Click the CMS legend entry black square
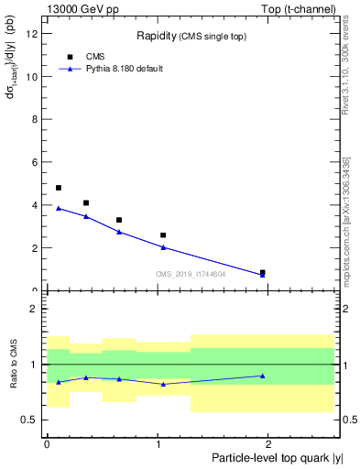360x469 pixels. click(x=70, y=57)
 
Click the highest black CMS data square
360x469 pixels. click(x=59, y=188)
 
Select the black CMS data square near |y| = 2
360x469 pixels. click(x=263, y=272)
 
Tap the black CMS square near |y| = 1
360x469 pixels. click(x=163, y=235)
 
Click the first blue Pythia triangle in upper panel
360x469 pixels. click(x=59, y=208)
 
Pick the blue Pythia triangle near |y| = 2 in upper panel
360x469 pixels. click(x=263, y=275)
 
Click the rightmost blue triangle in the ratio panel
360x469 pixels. click(x=263, y=376)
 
